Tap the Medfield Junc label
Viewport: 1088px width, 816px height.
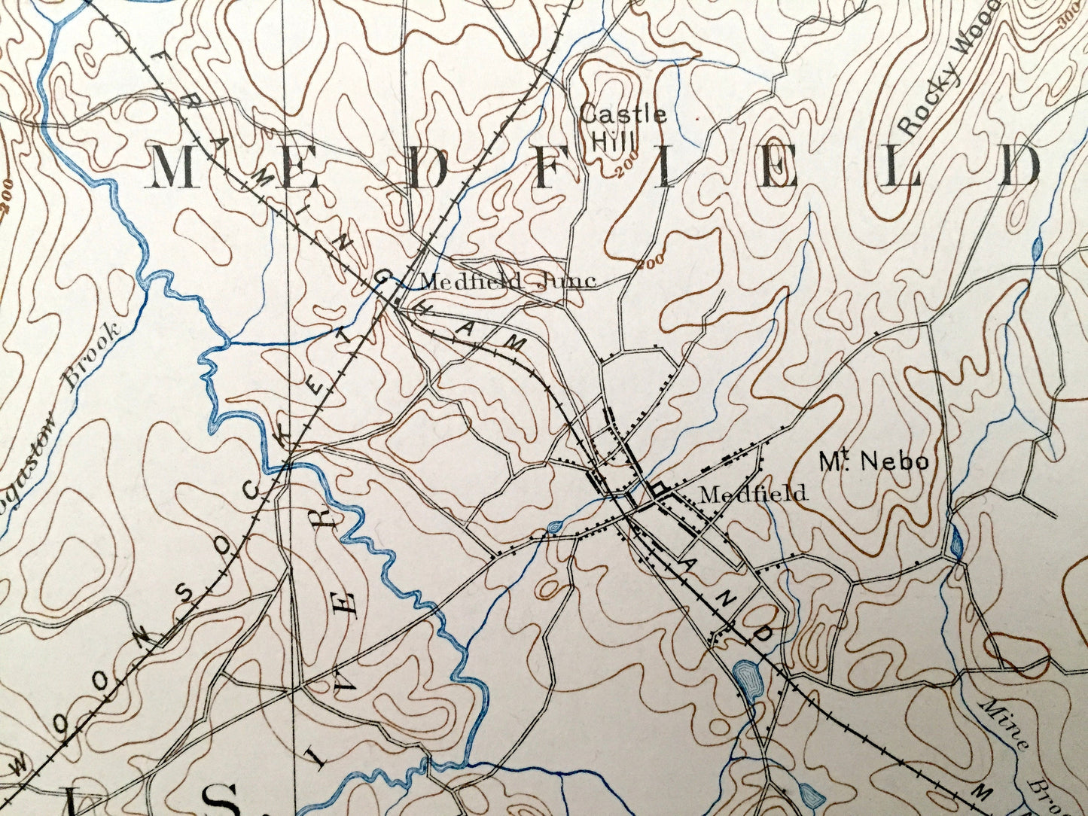coord(507,282)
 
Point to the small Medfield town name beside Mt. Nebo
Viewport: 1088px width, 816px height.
coord(752,494)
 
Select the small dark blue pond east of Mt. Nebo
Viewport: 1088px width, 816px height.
coord(956,543)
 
